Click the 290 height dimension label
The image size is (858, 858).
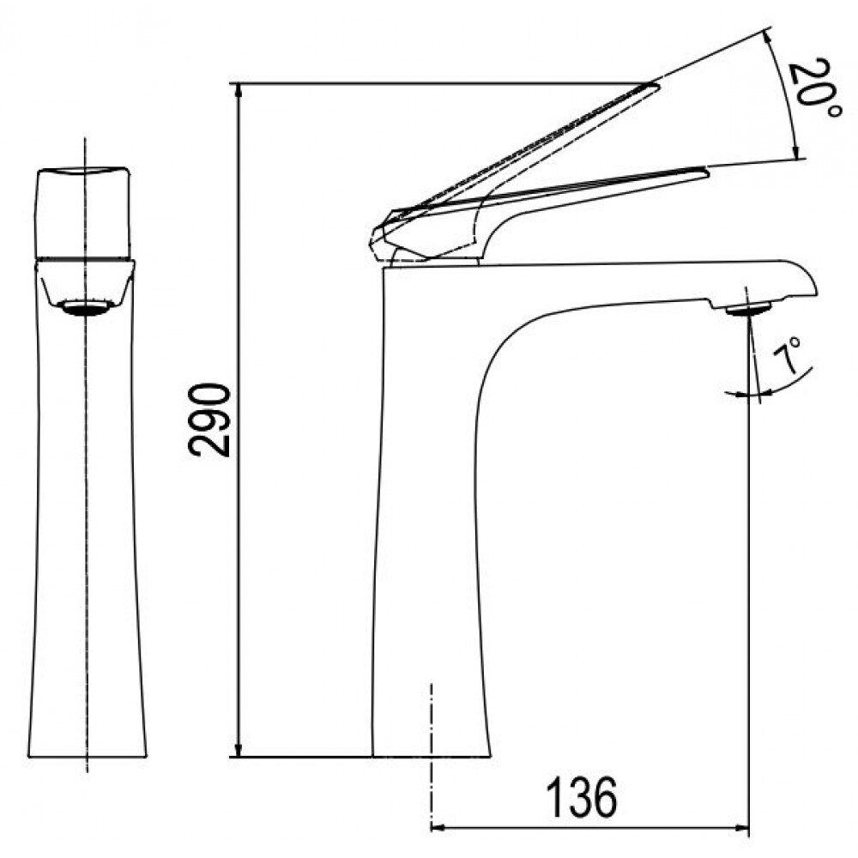click(209, 420)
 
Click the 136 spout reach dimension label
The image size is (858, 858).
click(582, 797)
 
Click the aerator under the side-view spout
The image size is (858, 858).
click(748, 310)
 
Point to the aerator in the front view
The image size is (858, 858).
click(86, 308)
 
